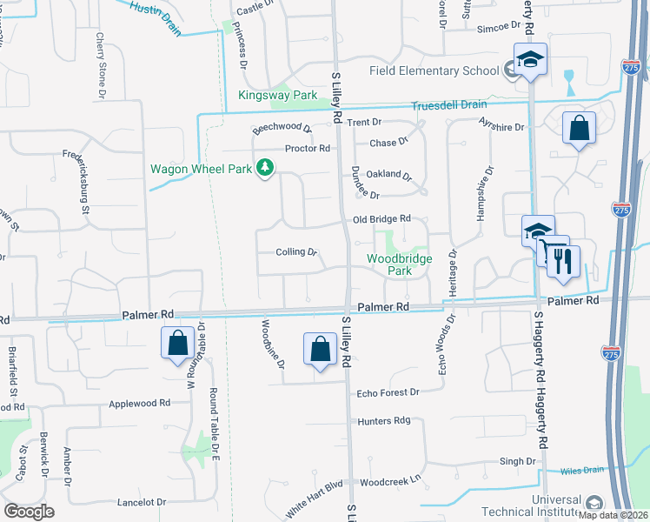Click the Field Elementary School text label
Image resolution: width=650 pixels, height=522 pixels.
[x=434, y=70]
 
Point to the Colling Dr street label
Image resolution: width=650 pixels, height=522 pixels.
[x=295, y=252]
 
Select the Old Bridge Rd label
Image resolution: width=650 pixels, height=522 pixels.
[x=381, y=219]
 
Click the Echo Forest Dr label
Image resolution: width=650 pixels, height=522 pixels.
[x=388, y=392]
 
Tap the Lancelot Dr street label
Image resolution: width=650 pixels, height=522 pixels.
[x=136, y=502]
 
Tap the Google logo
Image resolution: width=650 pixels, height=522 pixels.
[x=29, y=512]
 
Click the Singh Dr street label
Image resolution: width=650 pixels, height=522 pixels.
[x=517, y=461]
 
